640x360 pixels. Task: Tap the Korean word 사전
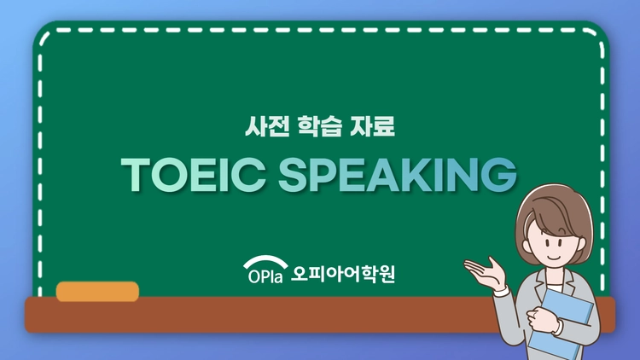(267, 126)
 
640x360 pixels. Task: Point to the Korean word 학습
(320, 126)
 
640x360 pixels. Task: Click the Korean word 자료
(372, 126)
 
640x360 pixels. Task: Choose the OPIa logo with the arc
(265, 270)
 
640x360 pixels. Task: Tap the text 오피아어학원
(343, 274)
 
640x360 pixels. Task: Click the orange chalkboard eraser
(97, 292)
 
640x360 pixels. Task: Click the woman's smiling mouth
(554, 258)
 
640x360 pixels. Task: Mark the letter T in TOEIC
(136, 175)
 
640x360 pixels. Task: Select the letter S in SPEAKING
(293, 175)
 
